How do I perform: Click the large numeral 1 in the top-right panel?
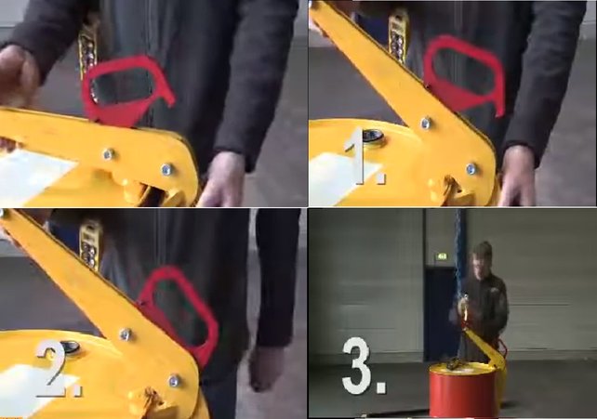(358, 156)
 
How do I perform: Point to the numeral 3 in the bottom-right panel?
(356, 365)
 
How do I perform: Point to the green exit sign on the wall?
(442, 256)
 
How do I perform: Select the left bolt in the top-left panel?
(109, 154)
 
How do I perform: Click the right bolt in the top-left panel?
(166, 170)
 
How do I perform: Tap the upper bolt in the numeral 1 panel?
(426, 123)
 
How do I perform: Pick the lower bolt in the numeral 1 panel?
(471, 168)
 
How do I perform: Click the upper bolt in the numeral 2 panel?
(126, 334)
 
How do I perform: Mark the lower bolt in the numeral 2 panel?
(175, 380)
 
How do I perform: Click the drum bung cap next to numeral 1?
(372, 137)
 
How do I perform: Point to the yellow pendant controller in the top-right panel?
(398, 34)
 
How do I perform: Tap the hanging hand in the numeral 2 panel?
(266, 367)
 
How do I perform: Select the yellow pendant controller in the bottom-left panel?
(90, 245)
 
